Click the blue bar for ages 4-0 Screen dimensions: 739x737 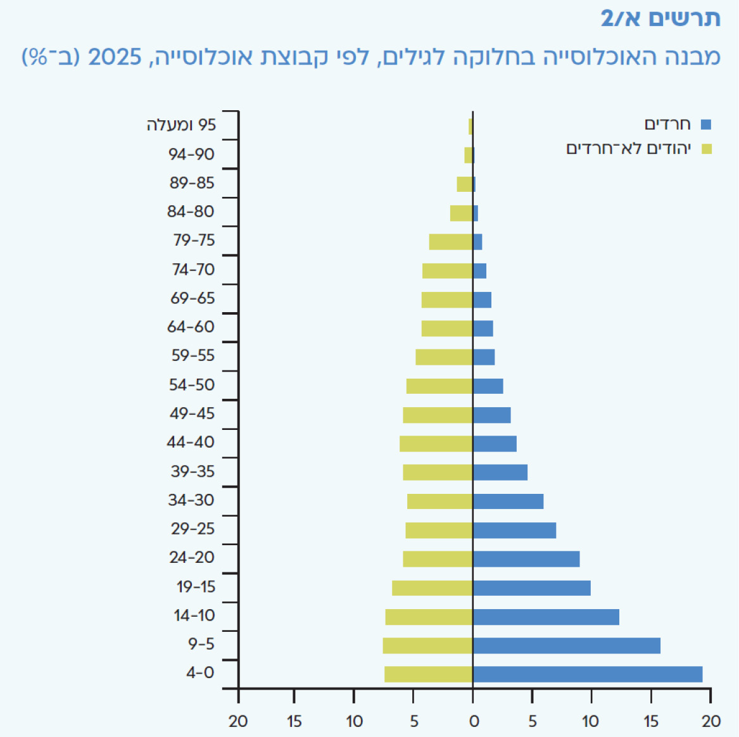(x=588, y=674)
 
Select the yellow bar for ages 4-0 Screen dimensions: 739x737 (x=429, y=674)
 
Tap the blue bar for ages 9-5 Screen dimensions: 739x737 (x=567, y=646)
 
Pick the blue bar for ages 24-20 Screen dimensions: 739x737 (x=526, y=559)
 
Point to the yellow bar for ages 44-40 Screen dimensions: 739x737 (x=436, y=444)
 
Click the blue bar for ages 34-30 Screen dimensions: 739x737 (x=508, y=501)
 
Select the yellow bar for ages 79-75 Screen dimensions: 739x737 (x=451, y=243)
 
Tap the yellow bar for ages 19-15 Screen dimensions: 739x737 (x=432, y=588)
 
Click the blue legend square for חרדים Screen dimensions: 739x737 (x=706, y=124)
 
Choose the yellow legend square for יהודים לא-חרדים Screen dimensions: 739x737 (x=706, y=149)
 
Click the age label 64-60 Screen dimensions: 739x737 (x=191, y=327)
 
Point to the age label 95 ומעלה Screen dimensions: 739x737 (x=182, y=125)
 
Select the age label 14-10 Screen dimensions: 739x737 (x=194, y=615)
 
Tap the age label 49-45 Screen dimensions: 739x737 (x=193, y=413)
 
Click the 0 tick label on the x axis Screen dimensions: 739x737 (x=474, y=721)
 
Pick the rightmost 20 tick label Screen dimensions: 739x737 (x=711, y=721)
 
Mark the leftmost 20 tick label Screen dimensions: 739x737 (x=238, y=721)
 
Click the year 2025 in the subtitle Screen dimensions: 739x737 (x=115, y=58)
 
